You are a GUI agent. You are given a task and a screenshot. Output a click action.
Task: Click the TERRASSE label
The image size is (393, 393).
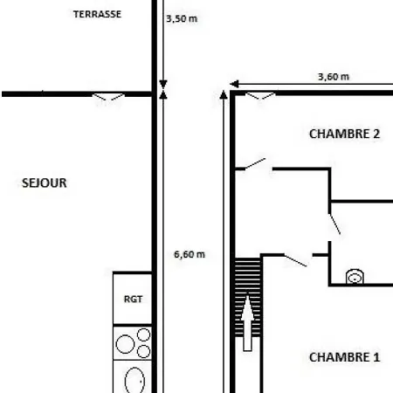tap(97, 14)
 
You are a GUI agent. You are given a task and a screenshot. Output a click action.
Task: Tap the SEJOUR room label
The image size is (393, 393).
tap(45, 183)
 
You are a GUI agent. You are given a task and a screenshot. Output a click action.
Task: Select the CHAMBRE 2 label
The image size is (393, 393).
tap(344, 134)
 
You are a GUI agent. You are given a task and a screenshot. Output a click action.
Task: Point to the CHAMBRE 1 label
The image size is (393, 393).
tap(344, 357)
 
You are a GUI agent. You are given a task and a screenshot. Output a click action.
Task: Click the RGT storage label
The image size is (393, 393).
tap(133, 299)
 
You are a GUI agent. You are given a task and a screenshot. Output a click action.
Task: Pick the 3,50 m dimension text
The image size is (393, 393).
tap(182, 19)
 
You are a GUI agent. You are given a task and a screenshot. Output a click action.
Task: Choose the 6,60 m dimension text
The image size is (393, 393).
tap(190, 254)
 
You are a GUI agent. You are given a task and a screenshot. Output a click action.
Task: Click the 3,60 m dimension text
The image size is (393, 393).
tap(334, 77)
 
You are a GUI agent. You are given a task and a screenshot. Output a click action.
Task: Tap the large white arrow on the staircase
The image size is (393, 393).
tap(247, 323)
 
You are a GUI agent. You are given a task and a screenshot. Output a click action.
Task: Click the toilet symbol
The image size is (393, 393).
tap(355, 277)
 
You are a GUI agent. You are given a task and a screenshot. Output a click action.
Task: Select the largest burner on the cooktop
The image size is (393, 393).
tap(125, 344)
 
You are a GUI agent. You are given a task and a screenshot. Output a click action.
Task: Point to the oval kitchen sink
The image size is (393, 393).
tap(134, 380)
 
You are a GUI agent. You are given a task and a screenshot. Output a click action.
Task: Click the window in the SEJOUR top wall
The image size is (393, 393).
tap(108, 96)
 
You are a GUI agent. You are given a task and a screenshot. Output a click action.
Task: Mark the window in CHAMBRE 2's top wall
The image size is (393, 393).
tap(260, 95)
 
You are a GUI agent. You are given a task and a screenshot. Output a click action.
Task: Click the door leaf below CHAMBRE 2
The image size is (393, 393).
tap(255, 163)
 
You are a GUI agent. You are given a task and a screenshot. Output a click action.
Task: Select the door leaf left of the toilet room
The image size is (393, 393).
tap(295, 260)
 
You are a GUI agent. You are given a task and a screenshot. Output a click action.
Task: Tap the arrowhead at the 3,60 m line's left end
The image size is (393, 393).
tap(234, 84)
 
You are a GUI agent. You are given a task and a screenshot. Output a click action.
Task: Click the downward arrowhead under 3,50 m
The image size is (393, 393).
tap(163, 84)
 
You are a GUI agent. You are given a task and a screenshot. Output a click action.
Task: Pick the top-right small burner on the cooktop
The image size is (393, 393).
tap(143, 334)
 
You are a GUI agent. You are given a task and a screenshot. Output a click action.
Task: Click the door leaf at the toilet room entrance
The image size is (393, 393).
tap(334, 224)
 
